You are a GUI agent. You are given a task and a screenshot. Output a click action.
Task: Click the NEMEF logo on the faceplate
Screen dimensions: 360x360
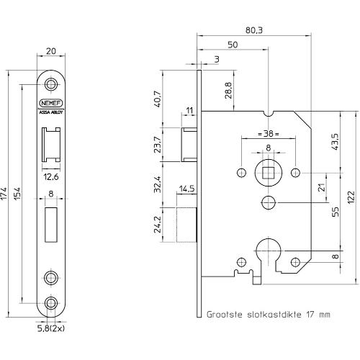coord(51,103)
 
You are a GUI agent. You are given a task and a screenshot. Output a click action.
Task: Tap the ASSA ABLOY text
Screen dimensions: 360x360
coord(51,112)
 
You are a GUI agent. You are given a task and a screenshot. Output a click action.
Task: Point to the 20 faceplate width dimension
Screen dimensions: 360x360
coord(51,51)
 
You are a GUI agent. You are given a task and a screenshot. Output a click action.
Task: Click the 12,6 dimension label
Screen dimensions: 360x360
coord(51,177)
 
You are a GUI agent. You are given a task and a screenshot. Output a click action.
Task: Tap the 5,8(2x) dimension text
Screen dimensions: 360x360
coord(51,328)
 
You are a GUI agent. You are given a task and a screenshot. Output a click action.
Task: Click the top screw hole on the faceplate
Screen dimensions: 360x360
coord(51,84)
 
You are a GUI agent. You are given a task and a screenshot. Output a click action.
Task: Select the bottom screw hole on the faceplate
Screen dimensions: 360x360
coord(51,303)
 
